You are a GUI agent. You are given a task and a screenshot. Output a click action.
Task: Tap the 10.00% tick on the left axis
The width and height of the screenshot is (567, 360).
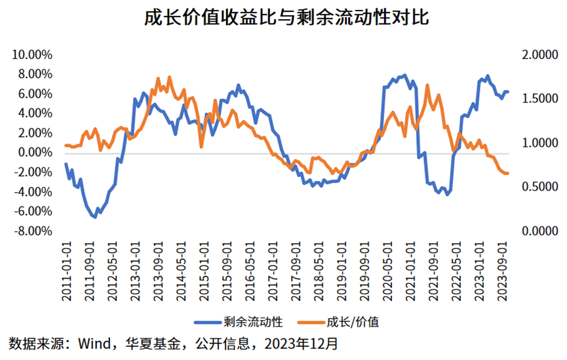point(32,54)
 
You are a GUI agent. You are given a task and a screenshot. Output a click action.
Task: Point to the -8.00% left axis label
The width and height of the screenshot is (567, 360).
point(32,231)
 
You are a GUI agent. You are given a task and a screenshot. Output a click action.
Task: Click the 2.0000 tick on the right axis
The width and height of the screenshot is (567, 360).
point(540,54)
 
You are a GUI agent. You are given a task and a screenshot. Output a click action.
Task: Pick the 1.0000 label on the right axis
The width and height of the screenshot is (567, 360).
point(540,143)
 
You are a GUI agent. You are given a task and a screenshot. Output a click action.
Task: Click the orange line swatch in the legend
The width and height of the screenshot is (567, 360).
point(317,322)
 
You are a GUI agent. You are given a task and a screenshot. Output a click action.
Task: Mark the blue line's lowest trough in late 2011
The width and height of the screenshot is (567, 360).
point(95,216)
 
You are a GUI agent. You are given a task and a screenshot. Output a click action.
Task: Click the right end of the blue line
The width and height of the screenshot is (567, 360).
point(508,92)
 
